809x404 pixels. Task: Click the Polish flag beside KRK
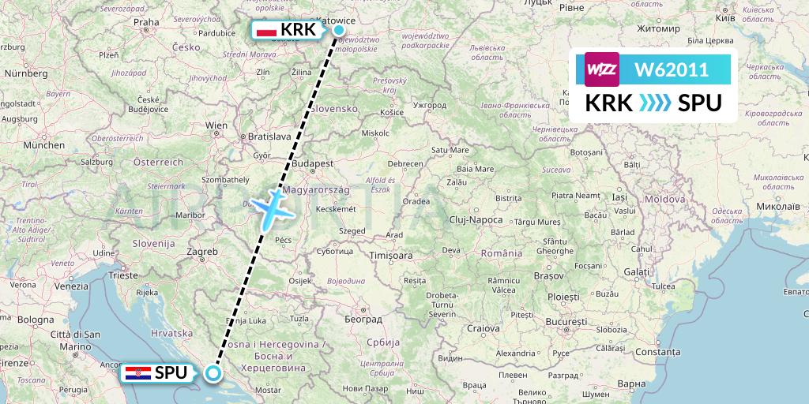click(x=267, y=31)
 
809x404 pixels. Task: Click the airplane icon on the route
click(x=270, y=205)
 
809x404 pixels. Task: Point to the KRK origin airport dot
click(x=339, y=31)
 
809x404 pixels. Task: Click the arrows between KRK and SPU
click(x=654, y=103)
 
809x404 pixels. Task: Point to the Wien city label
click(x=216, y=125)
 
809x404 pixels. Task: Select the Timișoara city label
click(x=392, y=256)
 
